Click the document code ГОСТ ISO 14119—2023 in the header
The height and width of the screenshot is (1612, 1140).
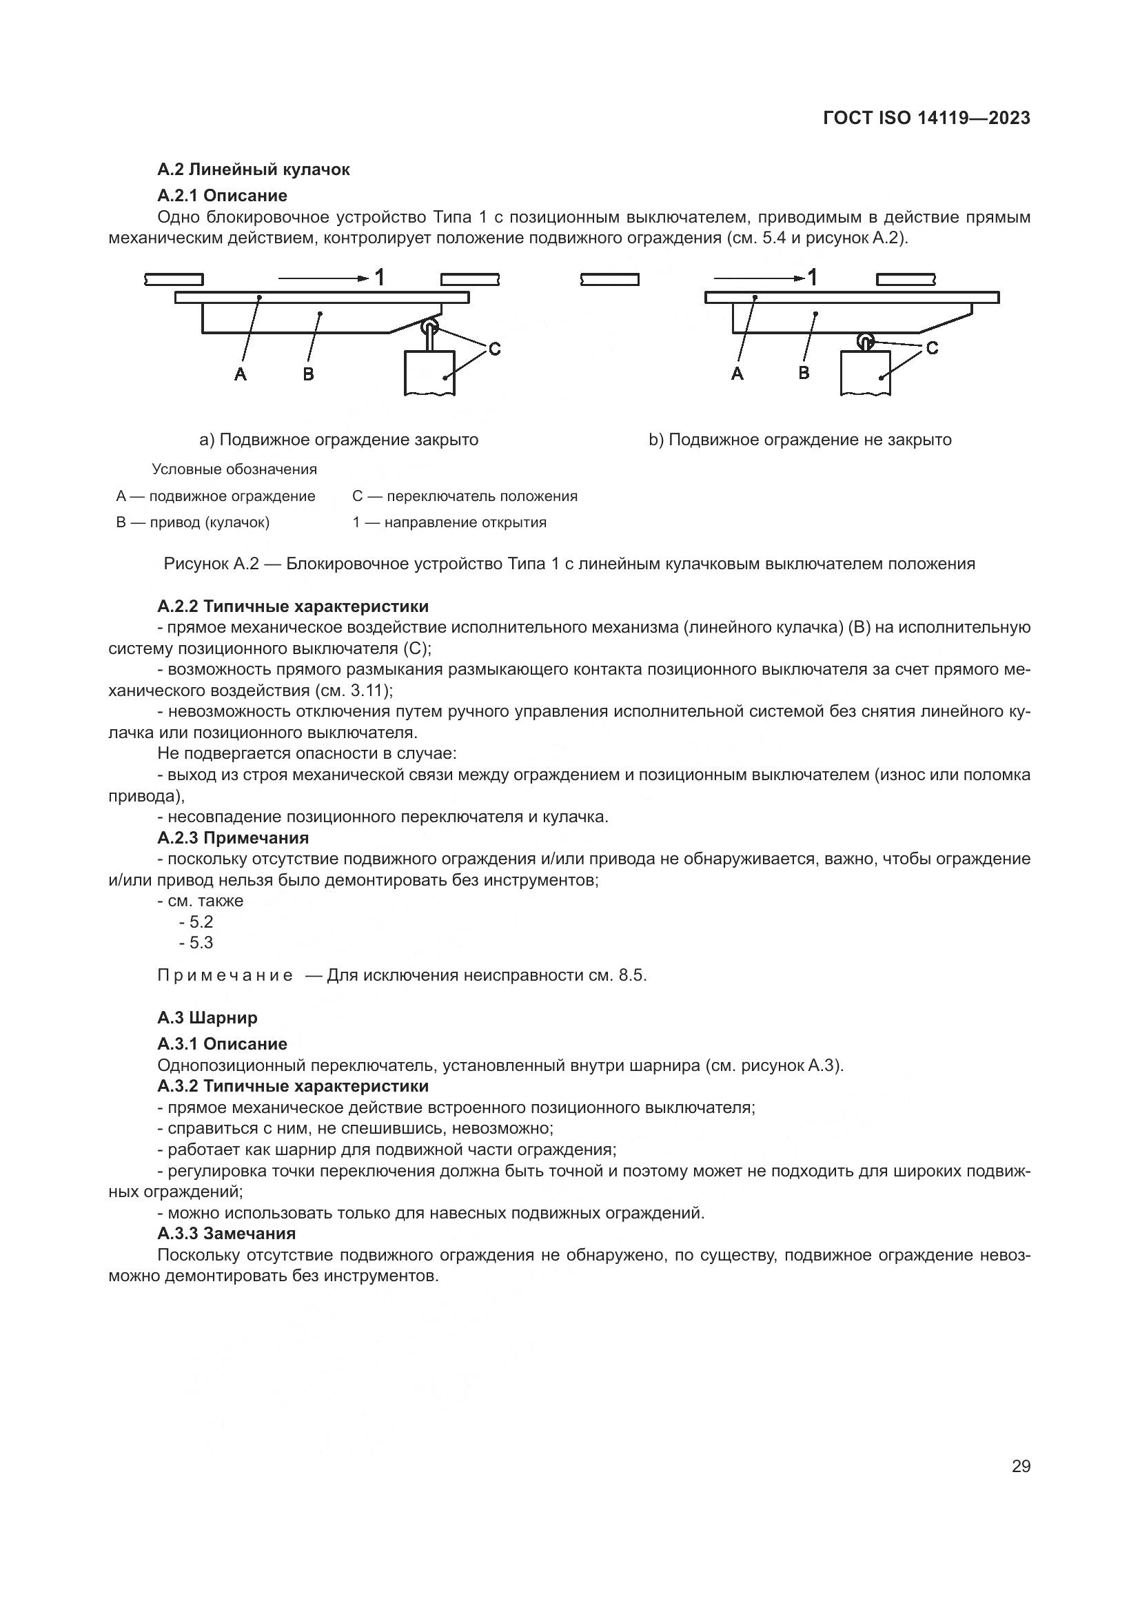coord(926,118)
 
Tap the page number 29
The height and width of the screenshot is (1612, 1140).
coord(1021,1466)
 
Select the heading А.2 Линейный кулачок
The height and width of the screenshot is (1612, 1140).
coord(254,170)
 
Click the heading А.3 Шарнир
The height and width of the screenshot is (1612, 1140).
coord(207,1017)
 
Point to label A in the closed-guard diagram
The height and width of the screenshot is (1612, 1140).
coord(241,374)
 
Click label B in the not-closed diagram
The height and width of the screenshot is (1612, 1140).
coord(804,373)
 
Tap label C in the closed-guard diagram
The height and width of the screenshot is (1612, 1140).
coord(494,349)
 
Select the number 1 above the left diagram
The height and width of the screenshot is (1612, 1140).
coord(379,277)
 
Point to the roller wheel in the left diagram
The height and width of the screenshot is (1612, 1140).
coord(429,329)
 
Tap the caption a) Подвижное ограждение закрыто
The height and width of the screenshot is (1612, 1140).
coord(339,440)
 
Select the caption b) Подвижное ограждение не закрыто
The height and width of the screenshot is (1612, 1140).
coord(800,440)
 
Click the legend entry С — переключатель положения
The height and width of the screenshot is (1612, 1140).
coord(465,496)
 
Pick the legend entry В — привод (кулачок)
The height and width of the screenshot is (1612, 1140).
coord(193,522)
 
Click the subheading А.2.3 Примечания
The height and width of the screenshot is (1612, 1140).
coord(233,837)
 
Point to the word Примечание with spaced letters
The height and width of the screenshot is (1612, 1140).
coord(225,975)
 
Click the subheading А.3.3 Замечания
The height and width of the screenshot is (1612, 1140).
coord(227,1234)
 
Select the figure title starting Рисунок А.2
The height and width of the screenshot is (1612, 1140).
coord(569,564)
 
